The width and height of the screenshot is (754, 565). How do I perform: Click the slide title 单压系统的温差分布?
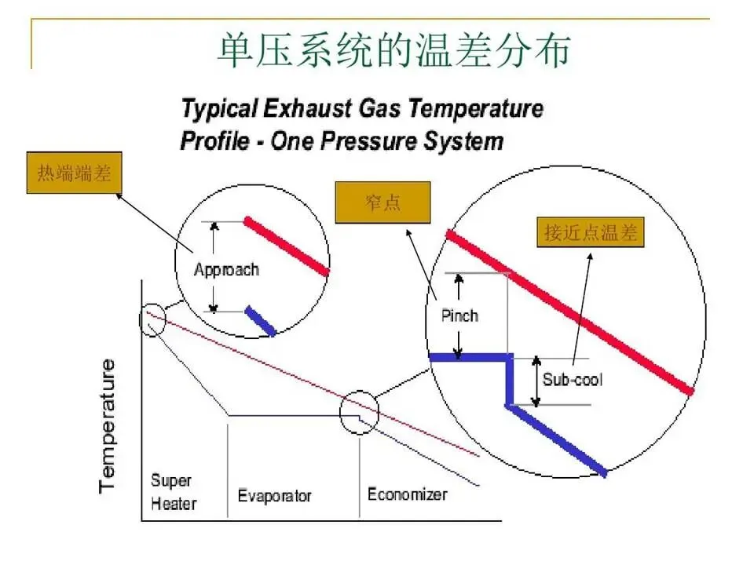[x=392, y=49]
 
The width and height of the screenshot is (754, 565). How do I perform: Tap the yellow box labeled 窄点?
[x=383, y=203]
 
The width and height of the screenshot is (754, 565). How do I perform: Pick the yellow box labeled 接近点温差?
[x=590, y=232]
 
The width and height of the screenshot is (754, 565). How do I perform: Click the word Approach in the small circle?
[x=226, y=269]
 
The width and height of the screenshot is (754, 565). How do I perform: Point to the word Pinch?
[x=459, y=315]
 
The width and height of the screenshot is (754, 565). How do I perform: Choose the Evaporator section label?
[x=274, y=496]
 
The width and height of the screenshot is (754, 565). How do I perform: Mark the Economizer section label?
[x=407, y=494]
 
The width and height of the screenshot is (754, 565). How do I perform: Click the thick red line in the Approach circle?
[x=287, y=246]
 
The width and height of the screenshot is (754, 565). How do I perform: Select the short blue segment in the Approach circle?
[x=260, y=321]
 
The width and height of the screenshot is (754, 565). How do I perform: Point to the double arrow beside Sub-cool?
[x=536, y=381]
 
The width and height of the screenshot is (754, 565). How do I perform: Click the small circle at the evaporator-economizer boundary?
[x=360, y=411]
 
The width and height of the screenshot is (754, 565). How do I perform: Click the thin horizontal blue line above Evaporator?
[x=291, y=414]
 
